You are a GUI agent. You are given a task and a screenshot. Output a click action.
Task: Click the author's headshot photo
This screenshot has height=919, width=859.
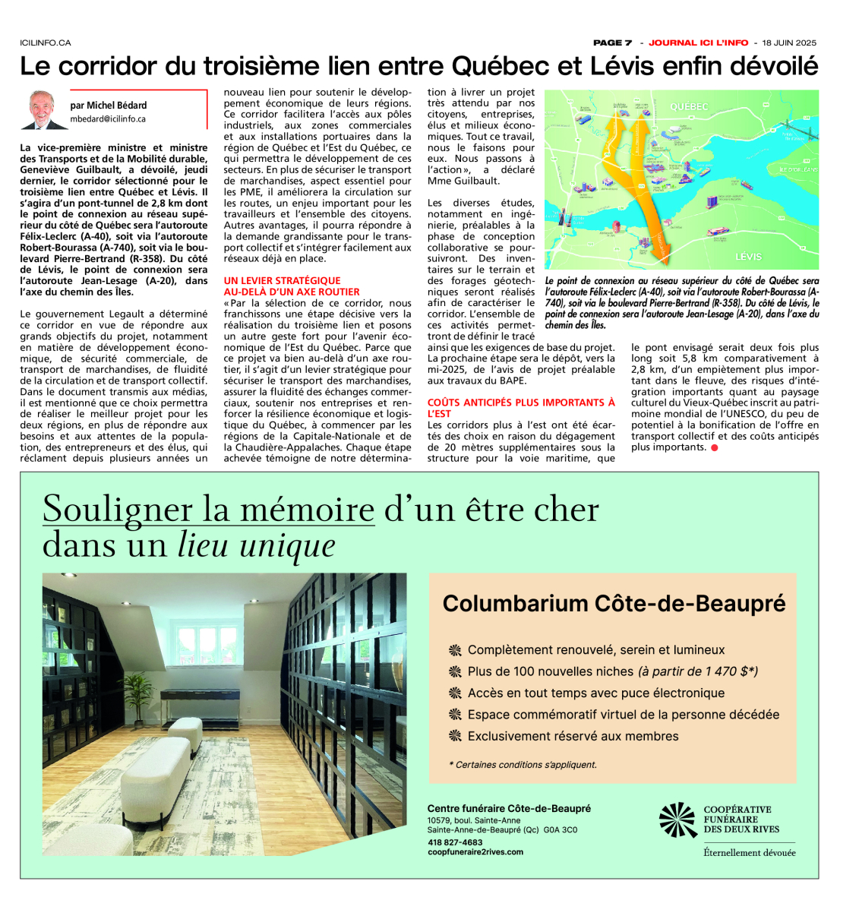47,110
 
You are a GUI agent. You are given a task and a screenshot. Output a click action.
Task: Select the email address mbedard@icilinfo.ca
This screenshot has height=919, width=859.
109,119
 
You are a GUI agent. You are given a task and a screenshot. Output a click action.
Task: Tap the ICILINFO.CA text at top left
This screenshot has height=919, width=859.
46,43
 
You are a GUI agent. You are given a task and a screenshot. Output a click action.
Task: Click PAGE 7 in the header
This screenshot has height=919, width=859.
612,43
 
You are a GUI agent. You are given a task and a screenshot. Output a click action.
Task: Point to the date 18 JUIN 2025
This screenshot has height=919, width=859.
789,43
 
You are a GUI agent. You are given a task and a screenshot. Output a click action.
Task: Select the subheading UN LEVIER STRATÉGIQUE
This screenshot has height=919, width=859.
282,280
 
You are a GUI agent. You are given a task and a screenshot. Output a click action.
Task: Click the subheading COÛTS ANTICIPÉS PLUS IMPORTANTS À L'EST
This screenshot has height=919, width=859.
521,408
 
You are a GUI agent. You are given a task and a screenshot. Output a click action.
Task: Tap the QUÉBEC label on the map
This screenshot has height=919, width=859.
689,106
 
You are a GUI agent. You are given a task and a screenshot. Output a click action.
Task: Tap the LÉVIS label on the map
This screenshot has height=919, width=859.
748,257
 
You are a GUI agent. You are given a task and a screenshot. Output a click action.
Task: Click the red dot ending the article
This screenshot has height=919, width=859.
715,447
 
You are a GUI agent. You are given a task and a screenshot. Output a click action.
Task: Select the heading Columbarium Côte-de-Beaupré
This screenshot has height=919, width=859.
614,604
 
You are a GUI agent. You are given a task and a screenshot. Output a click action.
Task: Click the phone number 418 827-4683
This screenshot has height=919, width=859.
455,842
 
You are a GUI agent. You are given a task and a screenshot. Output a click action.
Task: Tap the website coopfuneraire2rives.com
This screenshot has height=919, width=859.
475,852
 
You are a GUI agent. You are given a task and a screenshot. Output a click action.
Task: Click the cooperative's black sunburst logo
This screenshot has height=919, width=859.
677,820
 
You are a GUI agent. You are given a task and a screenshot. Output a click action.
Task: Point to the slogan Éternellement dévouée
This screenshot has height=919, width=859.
749,853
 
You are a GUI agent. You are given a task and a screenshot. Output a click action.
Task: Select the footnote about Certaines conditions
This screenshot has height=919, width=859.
523,765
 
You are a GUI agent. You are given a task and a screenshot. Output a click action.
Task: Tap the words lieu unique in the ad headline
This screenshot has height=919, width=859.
257,545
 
